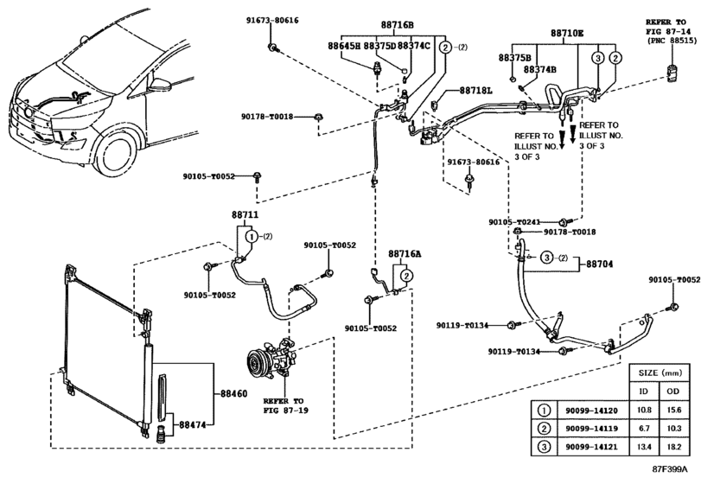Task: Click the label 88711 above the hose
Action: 245,214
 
